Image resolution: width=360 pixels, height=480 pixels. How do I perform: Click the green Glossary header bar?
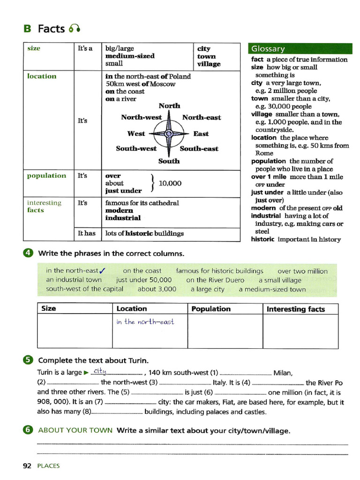[300, 49]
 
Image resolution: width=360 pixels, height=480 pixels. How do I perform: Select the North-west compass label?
[141, 117]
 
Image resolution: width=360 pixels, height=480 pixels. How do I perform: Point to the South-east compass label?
[199, 149]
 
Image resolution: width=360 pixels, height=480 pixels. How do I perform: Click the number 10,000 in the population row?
[170, 183]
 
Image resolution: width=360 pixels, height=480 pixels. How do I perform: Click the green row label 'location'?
[42, 76]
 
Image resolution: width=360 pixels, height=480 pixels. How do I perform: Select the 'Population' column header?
[211, 309]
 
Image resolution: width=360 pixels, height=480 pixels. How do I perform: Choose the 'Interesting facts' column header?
[295, 309]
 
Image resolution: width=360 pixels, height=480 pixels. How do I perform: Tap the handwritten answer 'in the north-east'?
[145, 322]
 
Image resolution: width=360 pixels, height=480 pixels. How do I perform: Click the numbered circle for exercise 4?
[28, 254]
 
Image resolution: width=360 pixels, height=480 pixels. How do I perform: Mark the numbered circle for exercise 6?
[28, 430]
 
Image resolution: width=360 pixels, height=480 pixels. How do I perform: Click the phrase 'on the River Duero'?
[215, 280]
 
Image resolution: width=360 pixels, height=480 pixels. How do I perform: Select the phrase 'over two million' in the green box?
[302, 271]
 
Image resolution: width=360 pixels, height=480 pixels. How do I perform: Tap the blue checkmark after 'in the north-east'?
[103, 270]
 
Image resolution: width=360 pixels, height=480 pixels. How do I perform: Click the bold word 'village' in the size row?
[209, 64]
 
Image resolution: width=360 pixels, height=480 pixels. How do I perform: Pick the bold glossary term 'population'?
[268, 161]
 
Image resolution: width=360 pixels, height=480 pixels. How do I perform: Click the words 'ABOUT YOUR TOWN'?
[75, 430]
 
